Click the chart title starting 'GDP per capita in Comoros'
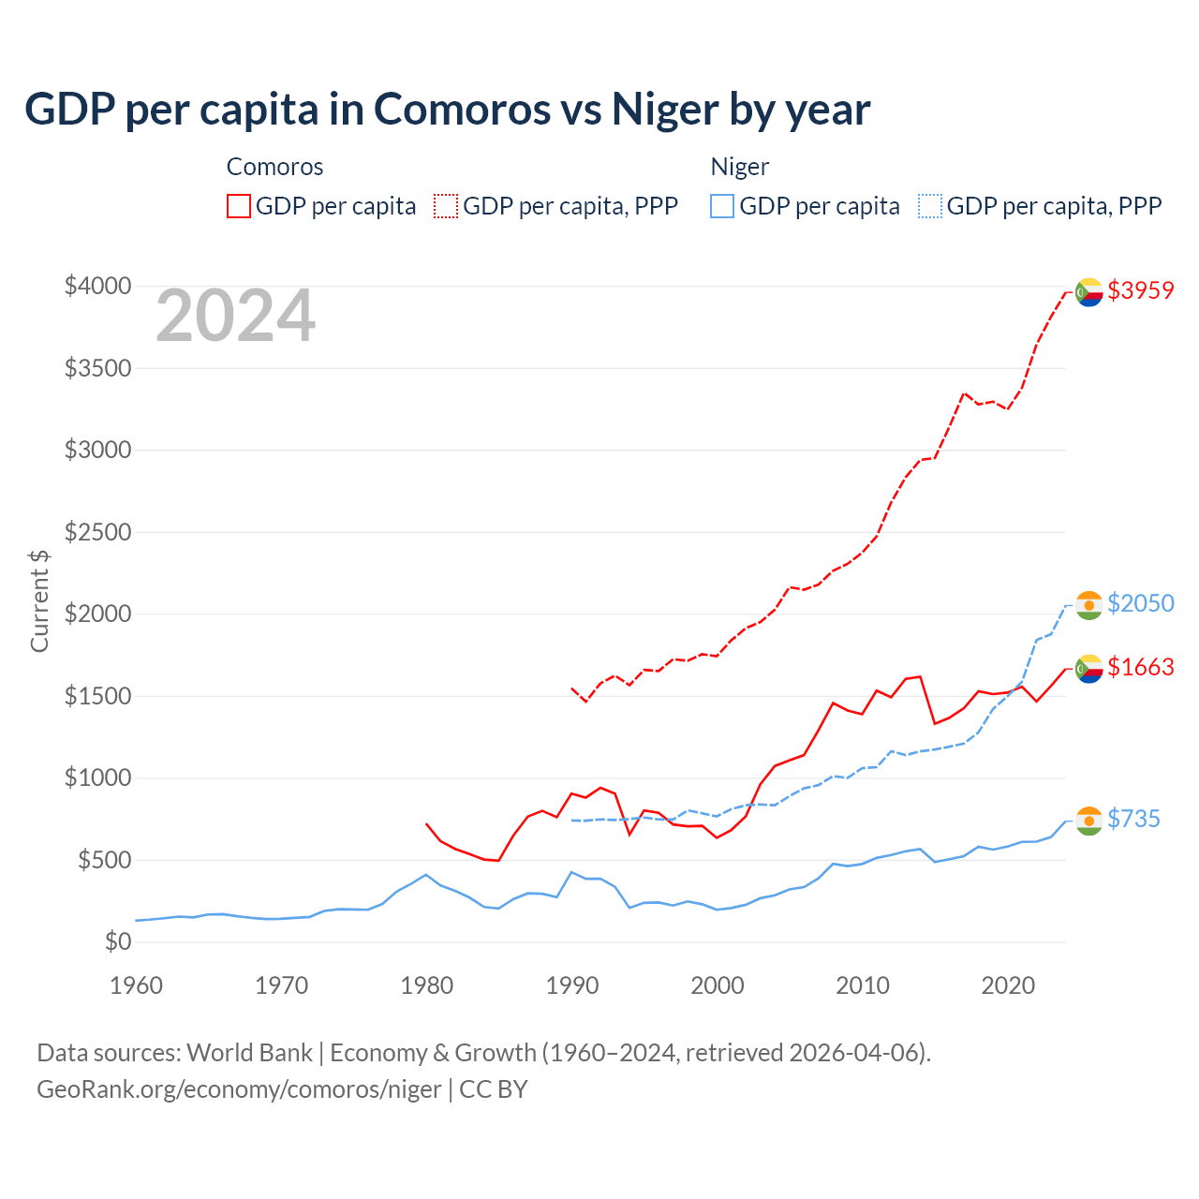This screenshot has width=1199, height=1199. pos(448,110)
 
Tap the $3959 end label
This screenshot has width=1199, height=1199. pos(1140,291)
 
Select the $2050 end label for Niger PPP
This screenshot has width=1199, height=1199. pos(1140,604)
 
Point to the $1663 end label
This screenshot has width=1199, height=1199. pos(1140,668)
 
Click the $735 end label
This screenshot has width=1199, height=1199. pos(1133,820)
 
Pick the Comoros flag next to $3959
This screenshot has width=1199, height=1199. pos(1088,293)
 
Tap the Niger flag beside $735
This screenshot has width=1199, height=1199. pos(1088,821)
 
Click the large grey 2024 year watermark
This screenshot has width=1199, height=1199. pos(235,317)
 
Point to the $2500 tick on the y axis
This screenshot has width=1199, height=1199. pos(97,533)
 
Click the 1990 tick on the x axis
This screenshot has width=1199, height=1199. pos(572,985)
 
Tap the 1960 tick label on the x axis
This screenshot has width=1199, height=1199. pos(137,985)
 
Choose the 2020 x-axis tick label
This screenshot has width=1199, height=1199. pos(1008,985)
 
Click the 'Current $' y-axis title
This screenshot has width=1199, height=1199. pos(39,601)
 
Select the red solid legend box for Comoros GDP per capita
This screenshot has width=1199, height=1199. pos(239,206)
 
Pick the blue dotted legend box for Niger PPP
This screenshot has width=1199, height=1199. pos(930,206)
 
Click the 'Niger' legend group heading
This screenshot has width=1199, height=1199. pos(739,168)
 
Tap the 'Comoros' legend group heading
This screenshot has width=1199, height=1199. pos(274,168)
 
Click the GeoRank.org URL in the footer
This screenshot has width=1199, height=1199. pos(239,1089)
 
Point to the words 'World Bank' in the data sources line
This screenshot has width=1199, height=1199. pos(249,1053)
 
